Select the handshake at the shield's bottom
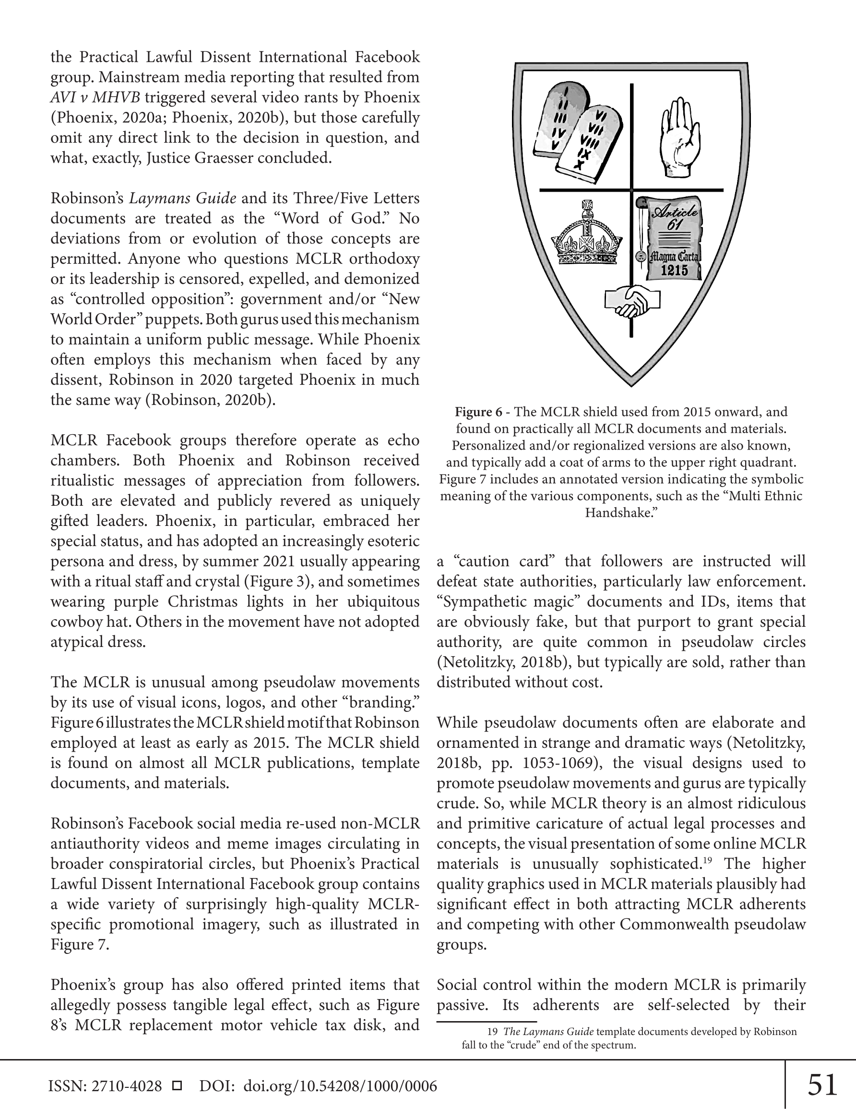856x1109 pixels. tap(632, 301)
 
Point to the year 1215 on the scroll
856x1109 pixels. tap(674, 271)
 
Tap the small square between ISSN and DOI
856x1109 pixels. tap(177, 1086)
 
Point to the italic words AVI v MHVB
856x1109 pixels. tap(95, 97)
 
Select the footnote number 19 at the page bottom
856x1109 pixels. tap(492, 1032)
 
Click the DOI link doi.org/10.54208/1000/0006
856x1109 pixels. tap(340, 1086)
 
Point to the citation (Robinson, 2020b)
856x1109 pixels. tap(211, 400)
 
